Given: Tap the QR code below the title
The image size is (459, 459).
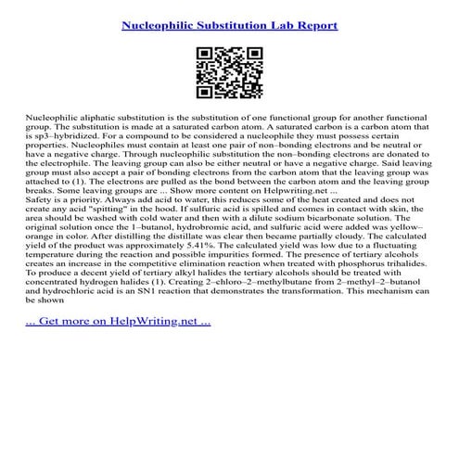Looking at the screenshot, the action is (x=229, y=72).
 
